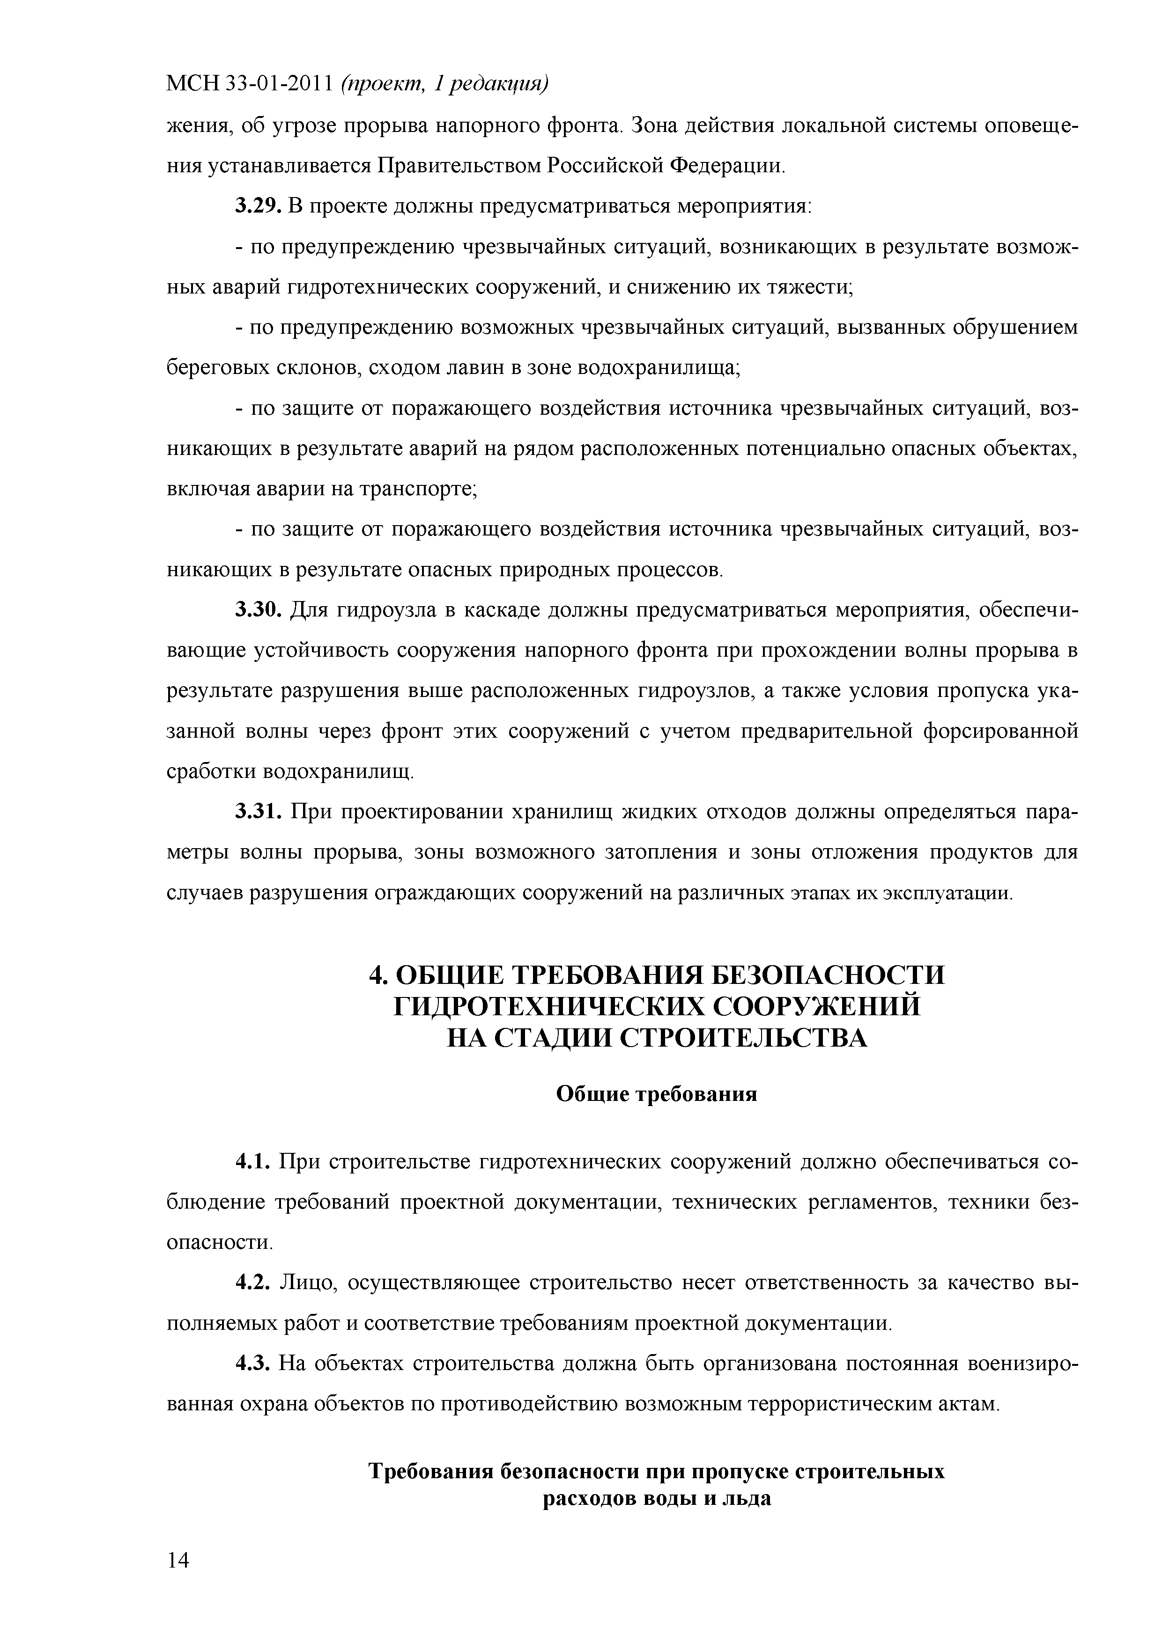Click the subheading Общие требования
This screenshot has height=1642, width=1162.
[656, 1094]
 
